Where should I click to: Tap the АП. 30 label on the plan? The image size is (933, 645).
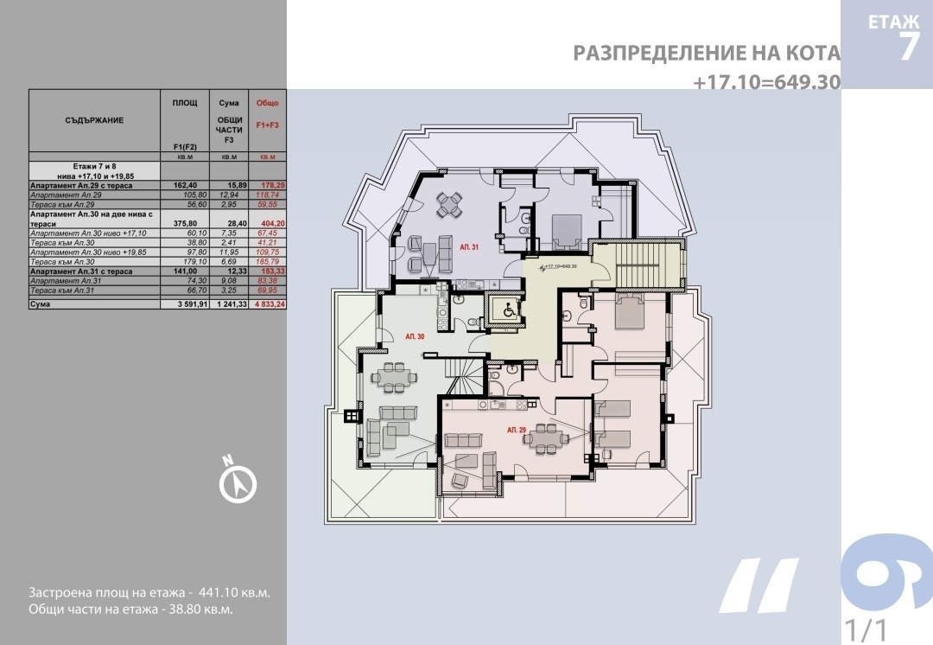[x=415, y=335]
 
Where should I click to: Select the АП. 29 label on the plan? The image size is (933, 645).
[x=516, y=430]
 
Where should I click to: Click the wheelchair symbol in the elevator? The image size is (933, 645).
[x=507, y=310]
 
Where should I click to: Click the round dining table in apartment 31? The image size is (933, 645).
[x=449, y=205]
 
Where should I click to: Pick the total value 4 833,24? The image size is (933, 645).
[x=268, y=305]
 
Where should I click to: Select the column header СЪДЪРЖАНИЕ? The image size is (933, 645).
[x=94, y=120]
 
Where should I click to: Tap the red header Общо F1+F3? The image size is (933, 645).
[x=268, y=114]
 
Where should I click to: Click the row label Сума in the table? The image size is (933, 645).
[x=41, y=305]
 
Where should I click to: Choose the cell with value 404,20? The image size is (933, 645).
[x=268, y=223]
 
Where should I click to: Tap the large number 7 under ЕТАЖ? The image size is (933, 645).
[x=908, y=46]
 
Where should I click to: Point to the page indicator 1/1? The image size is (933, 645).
[x=866, y=626]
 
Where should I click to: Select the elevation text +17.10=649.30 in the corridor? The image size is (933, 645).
[x=562, y=266]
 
